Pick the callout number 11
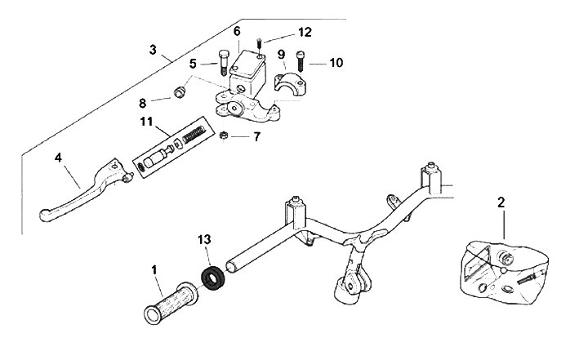tap(146, 122)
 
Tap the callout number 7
tap(256, 137)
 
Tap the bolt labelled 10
tap(302, 60)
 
